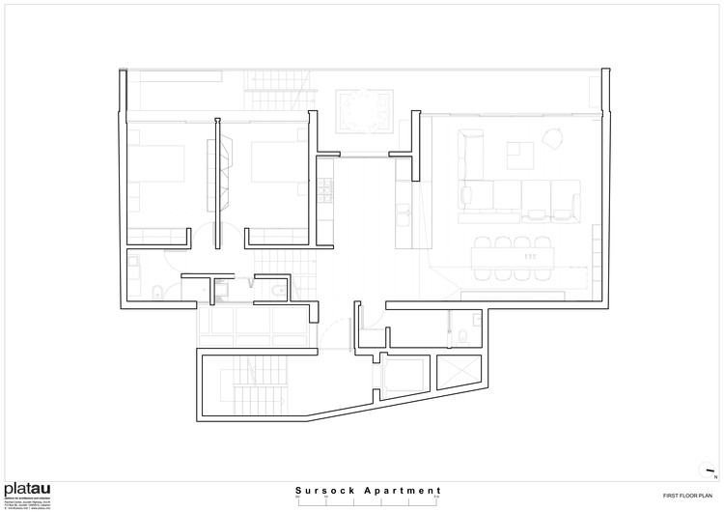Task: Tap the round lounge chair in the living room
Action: pos(554,139)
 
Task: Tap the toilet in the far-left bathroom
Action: pos(157,291)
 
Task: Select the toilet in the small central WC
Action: pos(277,291)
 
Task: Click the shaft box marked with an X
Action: pos(456,372)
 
